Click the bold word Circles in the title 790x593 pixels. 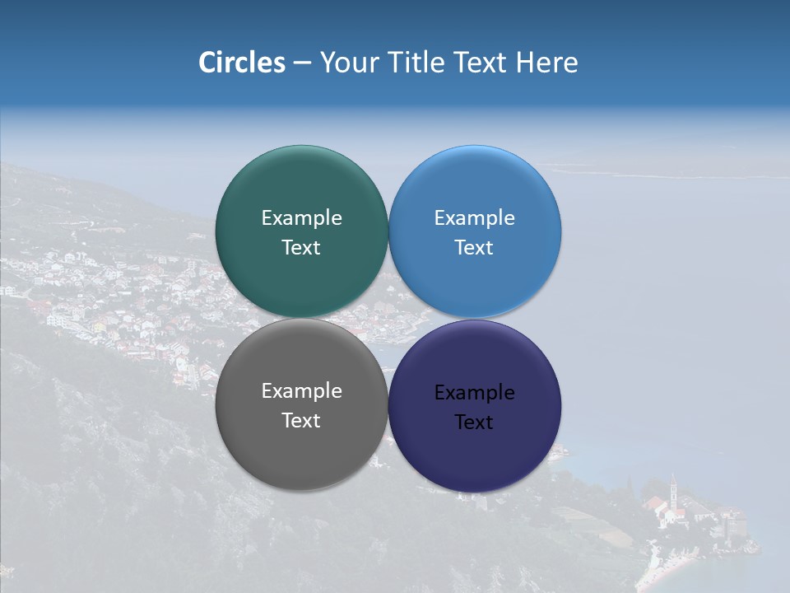pos(242,63)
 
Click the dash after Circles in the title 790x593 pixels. pos(302,63)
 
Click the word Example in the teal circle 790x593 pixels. pos(301,218)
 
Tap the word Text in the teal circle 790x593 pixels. pos(301,248)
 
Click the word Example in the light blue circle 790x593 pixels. pos(474,218)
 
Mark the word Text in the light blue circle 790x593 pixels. pos(474,248)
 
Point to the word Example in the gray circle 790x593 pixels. pos(301,391)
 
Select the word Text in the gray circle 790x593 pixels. pos(301,421)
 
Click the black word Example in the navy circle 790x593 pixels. pos(474,393)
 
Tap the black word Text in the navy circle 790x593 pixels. pos(474,423)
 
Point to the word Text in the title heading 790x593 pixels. pos(481,63)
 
